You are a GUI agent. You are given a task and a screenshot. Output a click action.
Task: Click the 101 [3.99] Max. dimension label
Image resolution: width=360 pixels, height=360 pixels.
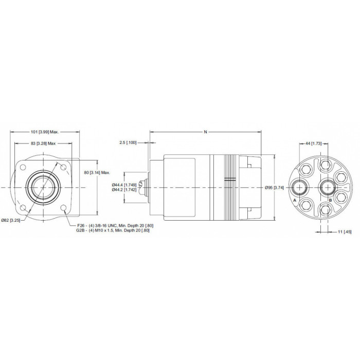pos(45,132)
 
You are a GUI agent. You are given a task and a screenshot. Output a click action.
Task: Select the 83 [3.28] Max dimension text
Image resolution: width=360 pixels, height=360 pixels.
pos(43,143)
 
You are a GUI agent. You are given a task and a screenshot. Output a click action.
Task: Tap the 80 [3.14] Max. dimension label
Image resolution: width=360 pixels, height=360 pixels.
pos(97,173)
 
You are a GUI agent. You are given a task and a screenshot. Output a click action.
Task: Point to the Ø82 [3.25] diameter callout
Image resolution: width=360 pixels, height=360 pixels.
pos(11,221)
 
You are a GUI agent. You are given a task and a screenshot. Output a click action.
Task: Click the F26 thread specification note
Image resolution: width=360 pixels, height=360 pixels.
pos(115,226)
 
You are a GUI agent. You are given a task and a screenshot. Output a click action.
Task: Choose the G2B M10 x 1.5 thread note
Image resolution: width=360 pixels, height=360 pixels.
pos(113,230)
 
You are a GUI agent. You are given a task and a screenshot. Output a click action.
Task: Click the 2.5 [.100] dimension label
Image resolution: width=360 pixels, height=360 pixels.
pos(128,142)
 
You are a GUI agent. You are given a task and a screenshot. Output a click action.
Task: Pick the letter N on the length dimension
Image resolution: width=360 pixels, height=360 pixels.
pos(206,132)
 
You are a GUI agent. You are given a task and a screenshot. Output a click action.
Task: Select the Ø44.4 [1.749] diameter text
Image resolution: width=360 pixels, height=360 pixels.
pos(124,185)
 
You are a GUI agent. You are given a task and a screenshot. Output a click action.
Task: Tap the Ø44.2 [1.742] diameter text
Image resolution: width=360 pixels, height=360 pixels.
pos(124,190)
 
